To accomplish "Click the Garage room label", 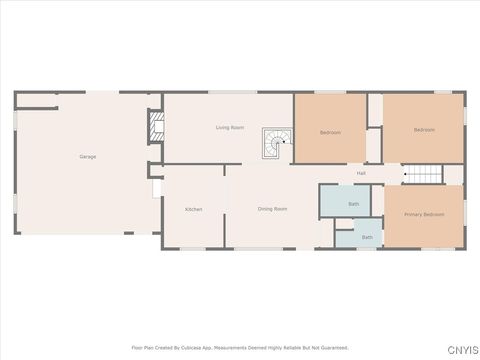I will click(88, 157).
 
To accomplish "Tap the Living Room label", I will click(230, 128).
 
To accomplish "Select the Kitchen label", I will click(193, 209).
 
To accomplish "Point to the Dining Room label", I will click(272, 209).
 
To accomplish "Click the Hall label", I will click(361, 174).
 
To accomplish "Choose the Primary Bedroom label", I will click(424, 215).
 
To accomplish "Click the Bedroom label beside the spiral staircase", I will click(330, 132).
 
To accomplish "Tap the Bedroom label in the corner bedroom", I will click(424, 129).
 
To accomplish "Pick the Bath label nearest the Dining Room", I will click(353, 204).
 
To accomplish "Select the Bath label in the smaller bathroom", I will click(367, 237).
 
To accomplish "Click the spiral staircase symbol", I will click(276, 144).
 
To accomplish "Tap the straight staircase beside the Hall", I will click(423, 175).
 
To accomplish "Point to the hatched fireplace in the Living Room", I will click(154, 124).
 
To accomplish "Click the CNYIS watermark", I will click(461, 349).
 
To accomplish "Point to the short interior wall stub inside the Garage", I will click(37, 99).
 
